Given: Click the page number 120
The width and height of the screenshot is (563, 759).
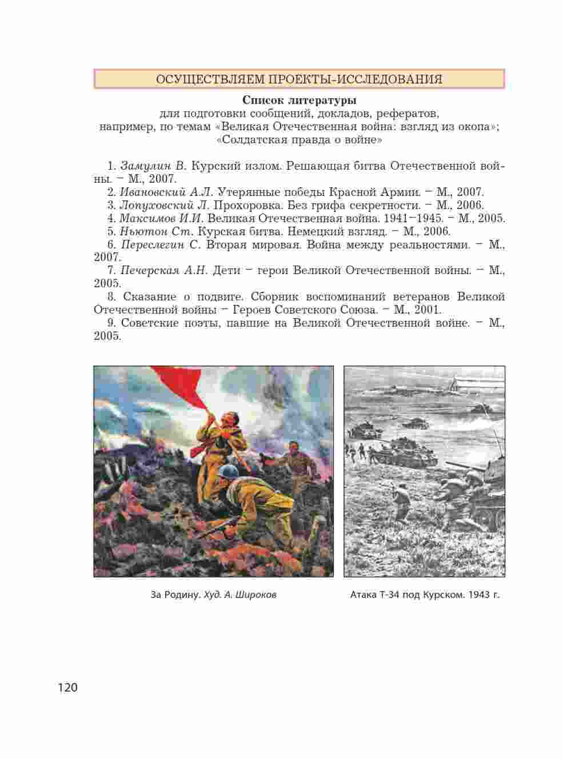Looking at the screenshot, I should pos(67,687).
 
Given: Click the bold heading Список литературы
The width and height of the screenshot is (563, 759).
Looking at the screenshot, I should pos(299,101).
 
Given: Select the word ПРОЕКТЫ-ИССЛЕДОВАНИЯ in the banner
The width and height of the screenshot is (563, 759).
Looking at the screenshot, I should pos(356,79).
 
